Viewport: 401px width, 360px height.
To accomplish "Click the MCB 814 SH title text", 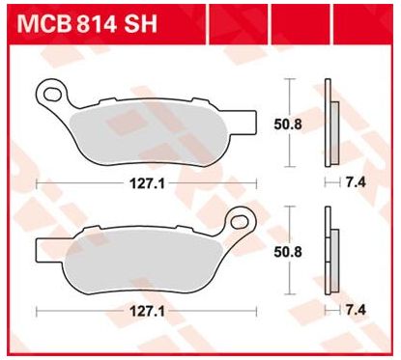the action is [x=87, y=23].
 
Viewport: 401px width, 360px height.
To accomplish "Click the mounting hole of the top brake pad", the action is [x=52, y=95].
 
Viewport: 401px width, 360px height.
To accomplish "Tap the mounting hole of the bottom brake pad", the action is [x=240, y=222].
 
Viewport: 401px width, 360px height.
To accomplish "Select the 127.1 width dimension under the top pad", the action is [x=147, y=184].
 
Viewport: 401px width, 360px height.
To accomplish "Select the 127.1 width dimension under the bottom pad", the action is [x=147, y=312].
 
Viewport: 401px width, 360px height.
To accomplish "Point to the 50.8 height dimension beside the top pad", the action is [x=288, y=125].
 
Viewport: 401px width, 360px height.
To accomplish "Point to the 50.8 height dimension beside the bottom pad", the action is [x=288, y=252].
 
